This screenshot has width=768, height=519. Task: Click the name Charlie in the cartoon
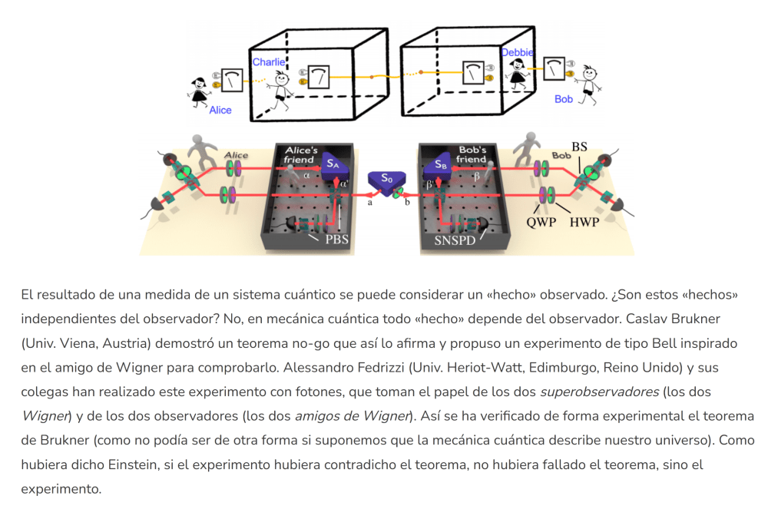(268, 61)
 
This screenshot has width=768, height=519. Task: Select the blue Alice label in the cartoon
(220, 110)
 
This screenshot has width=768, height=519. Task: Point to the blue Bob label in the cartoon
(564, 99)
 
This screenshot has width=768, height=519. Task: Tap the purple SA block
(333, 165)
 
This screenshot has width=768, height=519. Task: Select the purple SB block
(439, 166)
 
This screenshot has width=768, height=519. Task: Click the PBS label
(336, 239)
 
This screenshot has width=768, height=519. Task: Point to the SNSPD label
(455, 240)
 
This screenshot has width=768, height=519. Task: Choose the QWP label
(541, 223)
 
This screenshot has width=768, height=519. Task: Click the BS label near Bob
(579, 146)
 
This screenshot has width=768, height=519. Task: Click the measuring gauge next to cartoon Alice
(232, 80)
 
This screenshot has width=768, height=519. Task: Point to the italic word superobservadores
(599, 392)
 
